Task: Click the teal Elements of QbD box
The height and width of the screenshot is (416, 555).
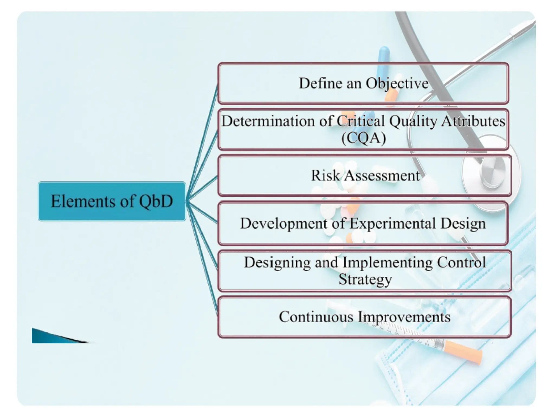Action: pos(112,201)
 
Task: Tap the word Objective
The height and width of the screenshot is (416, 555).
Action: pos(398,83)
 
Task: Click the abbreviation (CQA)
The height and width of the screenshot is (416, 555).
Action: pos(363,138)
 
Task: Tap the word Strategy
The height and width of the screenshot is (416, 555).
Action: pos(365,279)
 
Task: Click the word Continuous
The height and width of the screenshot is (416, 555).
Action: pos(316,317)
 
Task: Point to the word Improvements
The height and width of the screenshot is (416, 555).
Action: pos(404,317)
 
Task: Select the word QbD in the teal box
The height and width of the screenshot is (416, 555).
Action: pos(156,201)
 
